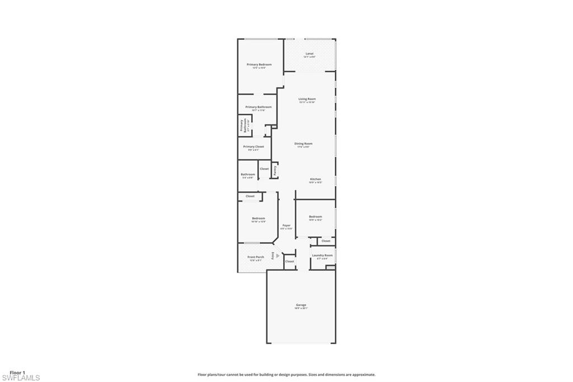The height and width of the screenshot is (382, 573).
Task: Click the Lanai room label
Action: tap(309, 54)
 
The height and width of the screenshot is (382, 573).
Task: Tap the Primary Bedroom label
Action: tap(259, 64)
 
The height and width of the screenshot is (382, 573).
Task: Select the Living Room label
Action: tap(307, 99)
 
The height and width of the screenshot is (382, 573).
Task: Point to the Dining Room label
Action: tap(303, 144)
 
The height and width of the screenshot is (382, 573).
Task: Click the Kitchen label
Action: tap(316, 179)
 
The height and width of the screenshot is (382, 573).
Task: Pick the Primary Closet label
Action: tap(253, 147)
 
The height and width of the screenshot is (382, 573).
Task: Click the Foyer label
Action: tap(286, 225)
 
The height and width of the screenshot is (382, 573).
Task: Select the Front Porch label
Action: tap(256, 257)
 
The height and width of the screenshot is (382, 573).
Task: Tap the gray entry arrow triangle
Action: tap(278, 255)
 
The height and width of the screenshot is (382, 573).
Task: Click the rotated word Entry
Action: tap(273, 255)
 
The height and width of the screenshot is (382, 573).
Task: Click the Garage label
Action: tap(301, 305)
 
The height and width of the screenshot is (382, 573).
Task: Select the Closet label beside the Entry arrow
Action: tap(290, 262)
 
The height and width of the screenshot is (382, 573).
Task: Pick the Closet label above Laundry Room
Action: tap(326, 241)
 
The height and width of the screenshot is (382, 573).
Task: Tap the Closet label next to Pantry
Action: tap(264, 169)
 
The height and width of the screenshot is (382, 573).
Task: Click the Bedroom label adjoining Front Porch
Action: tap(259, 218)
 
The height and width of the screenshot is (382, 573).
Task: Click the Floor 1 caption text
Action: tap(18, 372)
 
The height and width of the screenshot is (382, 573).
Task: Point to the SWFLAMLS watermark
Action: tap(21, 378)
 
